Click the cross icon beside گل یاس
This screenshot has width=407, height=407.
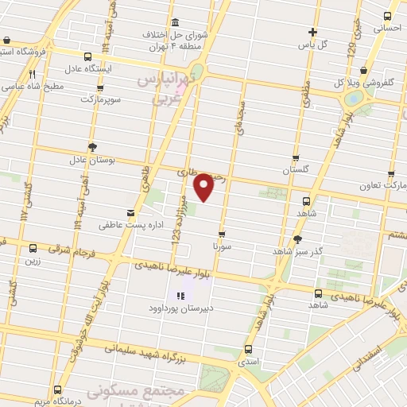pos(313,33)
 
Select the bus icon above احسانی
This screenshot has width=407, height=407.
pos(387,15)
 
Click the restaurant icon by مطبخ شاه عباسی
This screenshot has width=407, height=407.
pos(33,74)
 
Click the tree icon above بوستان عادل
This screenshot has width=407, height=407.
pos(93,146)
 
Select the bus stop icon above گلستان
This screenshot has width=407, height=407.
pos(296,158)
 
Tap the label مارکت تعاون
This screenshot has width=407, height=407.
pos(389,185)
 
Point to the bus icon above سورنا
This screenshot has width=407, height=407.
pos(221,234)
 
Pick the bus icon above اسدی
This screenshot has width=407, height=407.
pos(249,348)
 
